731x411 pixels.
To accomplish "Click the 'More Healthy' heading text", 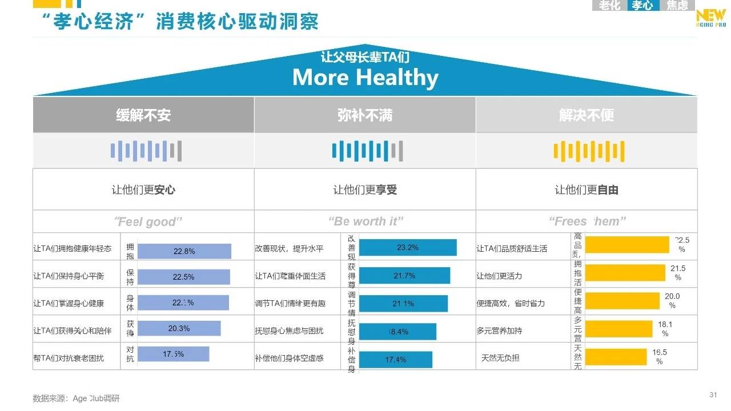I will click(x=365, y=78).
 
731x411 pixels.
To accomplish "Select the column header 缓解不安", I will click(x=143, y=115).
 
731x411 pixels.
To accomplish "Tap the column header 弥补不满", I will click(x=365, y=115).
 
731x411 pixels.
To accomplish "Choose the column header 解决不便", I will click(x=586, y=115).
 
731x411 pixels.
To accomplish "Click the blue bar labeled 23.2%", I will click(x=408, y=248).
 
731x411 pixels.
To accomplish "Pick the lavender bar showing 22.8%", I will click(x=184, y=251).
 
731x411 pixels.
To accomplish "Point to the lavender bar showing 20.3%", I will click(x=179, y=328).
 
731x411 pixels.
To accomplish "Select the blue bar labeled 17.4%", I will click(x=395, y=360).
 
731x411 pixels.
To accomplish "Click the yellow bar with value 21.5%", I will click(x=625, y=273).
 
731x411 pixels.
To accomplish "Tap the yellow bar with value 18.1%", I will click(x=619, y=329).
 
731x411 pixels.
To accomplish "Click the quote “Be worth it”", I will click(x=365, y=221).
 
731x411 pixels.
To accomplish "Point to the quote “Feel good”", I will click(x=147, y=221).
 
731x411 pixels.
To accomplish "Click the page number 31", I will click(x=713, y=395).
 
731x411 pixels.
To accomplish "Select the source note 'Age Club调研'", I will click(x=96, y=398).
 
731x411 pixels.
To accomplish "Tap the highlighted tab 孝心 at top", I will click(x=642, y=6).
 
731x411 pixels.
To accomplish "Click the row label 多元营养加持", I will click(x=499, y=331).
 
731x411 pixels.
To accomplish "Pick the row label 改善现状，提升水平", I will click(x=289, y=249).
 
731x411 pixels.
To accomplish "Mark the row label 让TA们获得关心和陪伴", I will click(x=72, y=331).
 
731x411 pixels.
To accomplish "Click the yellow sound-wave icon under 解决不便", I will click(x=588, y=151).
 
